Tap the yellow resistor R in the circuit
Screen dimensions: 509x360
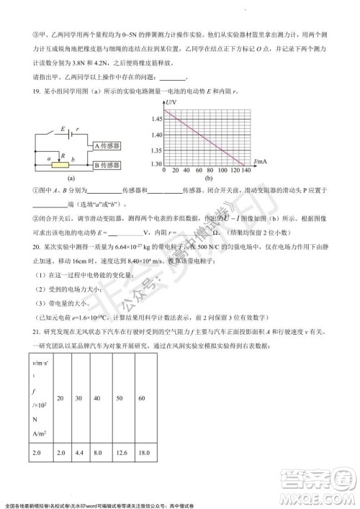point(63,164)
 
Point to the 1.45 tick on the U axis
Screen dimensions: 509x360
point(156,117)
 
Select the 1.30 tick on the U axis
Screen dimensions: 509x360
point(156,165)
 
